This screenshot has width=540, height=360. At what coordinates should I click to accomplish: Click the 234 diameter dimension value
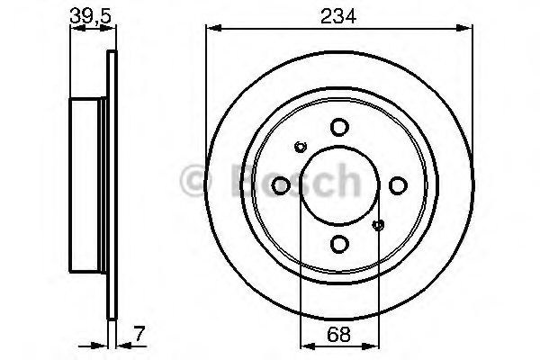click(x=338, y=14)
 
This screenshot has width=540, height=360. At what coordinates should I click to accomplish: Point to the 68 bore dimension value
click(x=339, y=334)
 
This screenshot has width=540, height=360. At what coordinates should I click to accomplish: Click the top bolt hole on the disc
click(x=338, y=127)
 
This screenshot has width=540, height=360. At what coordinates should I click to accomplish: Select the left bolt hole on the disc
click(x=280, y=185)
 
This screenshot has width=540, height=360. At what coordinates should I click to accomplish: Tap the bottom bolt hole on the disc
click(x=338, y=244)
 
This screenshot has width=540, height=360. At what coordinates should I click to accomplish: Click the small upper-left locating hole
click(x=301, y=148)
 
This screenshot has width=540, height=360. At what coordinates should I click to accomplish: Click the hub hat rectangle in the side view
click(x=89, y=185)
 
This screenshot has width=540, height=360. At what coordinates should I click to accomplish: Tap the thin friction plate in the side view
click(x=112, y=185)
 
